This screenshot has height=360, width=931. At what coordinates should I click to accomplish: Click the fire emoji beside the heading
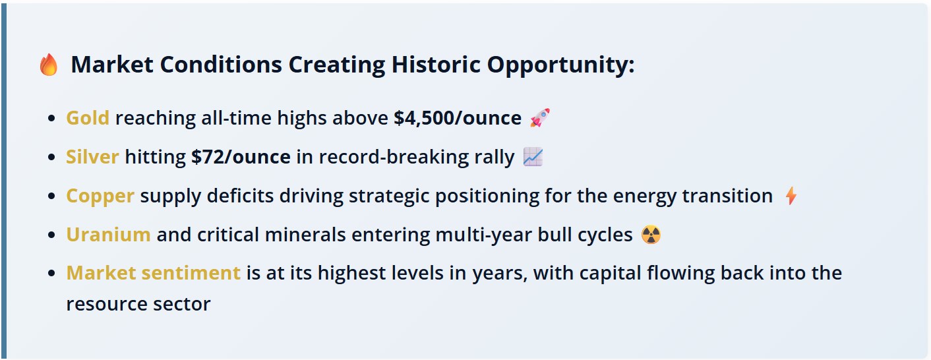49,65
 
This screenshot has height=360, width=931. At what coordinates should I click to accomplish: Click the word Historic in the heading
436,65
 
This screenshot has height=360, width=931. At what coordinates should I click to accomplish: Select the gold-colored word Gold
88,118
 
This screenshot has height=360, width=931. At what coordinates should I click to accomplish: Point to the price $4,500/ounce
458,118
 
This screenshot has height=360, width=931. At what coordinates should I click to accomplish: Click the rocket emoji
540,117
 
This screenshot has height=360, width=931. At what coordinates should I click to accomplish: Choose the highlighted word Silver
92,157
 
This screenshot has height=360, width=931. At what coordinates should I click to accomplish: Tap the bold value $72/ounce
241,157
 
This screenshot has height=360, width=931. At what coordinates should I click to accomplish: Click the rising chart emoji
533,157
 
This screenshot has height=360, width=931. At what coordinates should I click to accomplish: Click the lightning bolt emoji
791,195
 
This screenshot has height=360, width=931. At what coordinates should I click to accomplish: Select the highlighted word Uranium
109,235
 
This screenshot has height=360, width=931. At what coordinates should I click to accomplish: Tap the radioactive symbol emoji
651,235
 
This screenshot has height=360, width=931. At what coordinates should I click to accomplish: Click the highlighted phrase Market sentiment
154,273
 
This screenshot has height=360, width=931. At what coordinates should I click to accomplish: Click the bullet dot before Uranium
51,235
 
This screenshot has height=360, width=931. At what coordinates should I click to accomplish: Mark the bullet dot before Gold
51,119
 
